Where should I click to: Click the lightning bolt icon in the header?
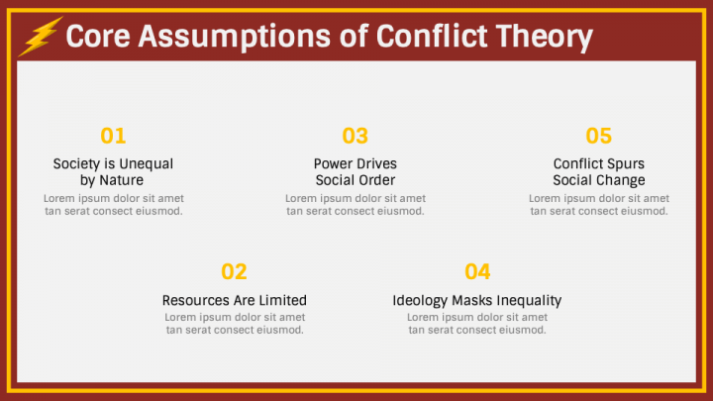click(x=41, y=37)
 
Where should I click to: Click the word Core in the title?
click(x=97, y=38)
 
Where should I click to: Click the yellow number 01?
click(x=113, y=137)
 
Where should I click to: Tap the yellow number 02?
click(x=234, y=272)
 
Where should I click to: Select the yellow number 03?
click(x=355, y=137)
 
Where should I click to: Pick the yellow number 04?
click(x=477, y=272)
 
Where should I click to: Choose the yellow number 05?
click(x=598, y=137)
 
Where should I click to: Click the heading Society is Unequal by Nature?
click(x=113, y=172)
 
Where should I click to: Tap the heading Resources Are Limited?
click(x=235, y=300)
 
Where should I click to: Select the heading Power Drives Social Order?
click(x=356, y=172)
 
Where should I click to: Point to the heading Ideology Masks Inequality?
click(x=477, y=300)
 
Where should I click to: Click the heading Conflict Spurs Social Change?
click(x=599, y=172)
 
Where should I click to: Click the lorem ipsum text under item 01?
click(x=113, y=205)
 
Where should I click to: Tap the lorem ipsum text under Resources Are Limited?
click(x=235, y=324)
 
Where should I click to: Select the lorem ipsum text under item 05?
click(x=599, y=205)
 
